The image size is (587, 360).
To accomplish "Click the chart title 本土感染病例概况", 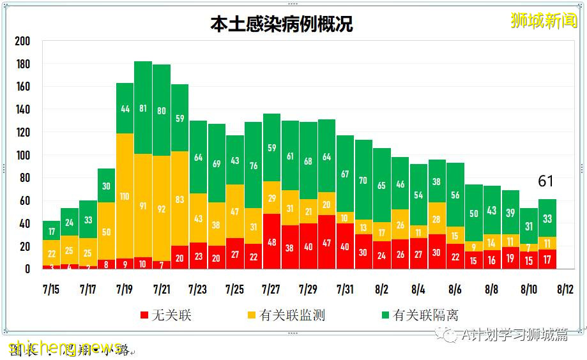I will [282, 25].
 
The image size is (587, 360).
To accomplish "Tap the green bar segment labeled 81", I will [143, 109].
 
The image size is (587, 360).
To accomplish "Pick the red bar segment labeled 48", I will [271, 242].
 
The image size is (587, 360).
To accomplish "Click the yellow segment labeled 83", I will [179, 199].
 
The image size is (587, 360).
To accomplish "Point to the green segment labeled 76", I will [254, 166].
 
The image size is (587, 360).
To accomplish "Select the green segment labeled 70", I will [363, 181].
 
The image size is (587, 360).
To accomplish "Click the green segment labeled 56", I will [455, 195].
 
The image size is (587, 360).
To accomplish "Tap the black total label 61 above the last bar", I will [545, 182].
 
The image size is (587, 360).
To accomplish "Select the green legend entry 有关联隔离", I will [418, 315].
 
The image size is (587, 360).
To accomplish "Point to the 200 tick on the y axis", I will [22, 41].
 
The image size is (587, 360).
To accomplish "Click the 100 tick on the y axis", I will [22, 156].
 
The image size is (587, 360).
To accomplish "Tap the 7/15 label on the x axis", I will [52, 290].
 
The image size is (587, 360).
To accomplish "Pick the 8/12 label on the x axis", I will [565, 290].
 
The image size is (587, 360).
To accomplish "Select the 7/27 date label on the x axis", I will [271, 290].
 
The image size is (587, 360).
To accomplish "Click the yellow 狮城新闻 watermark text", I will [544, 20].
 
